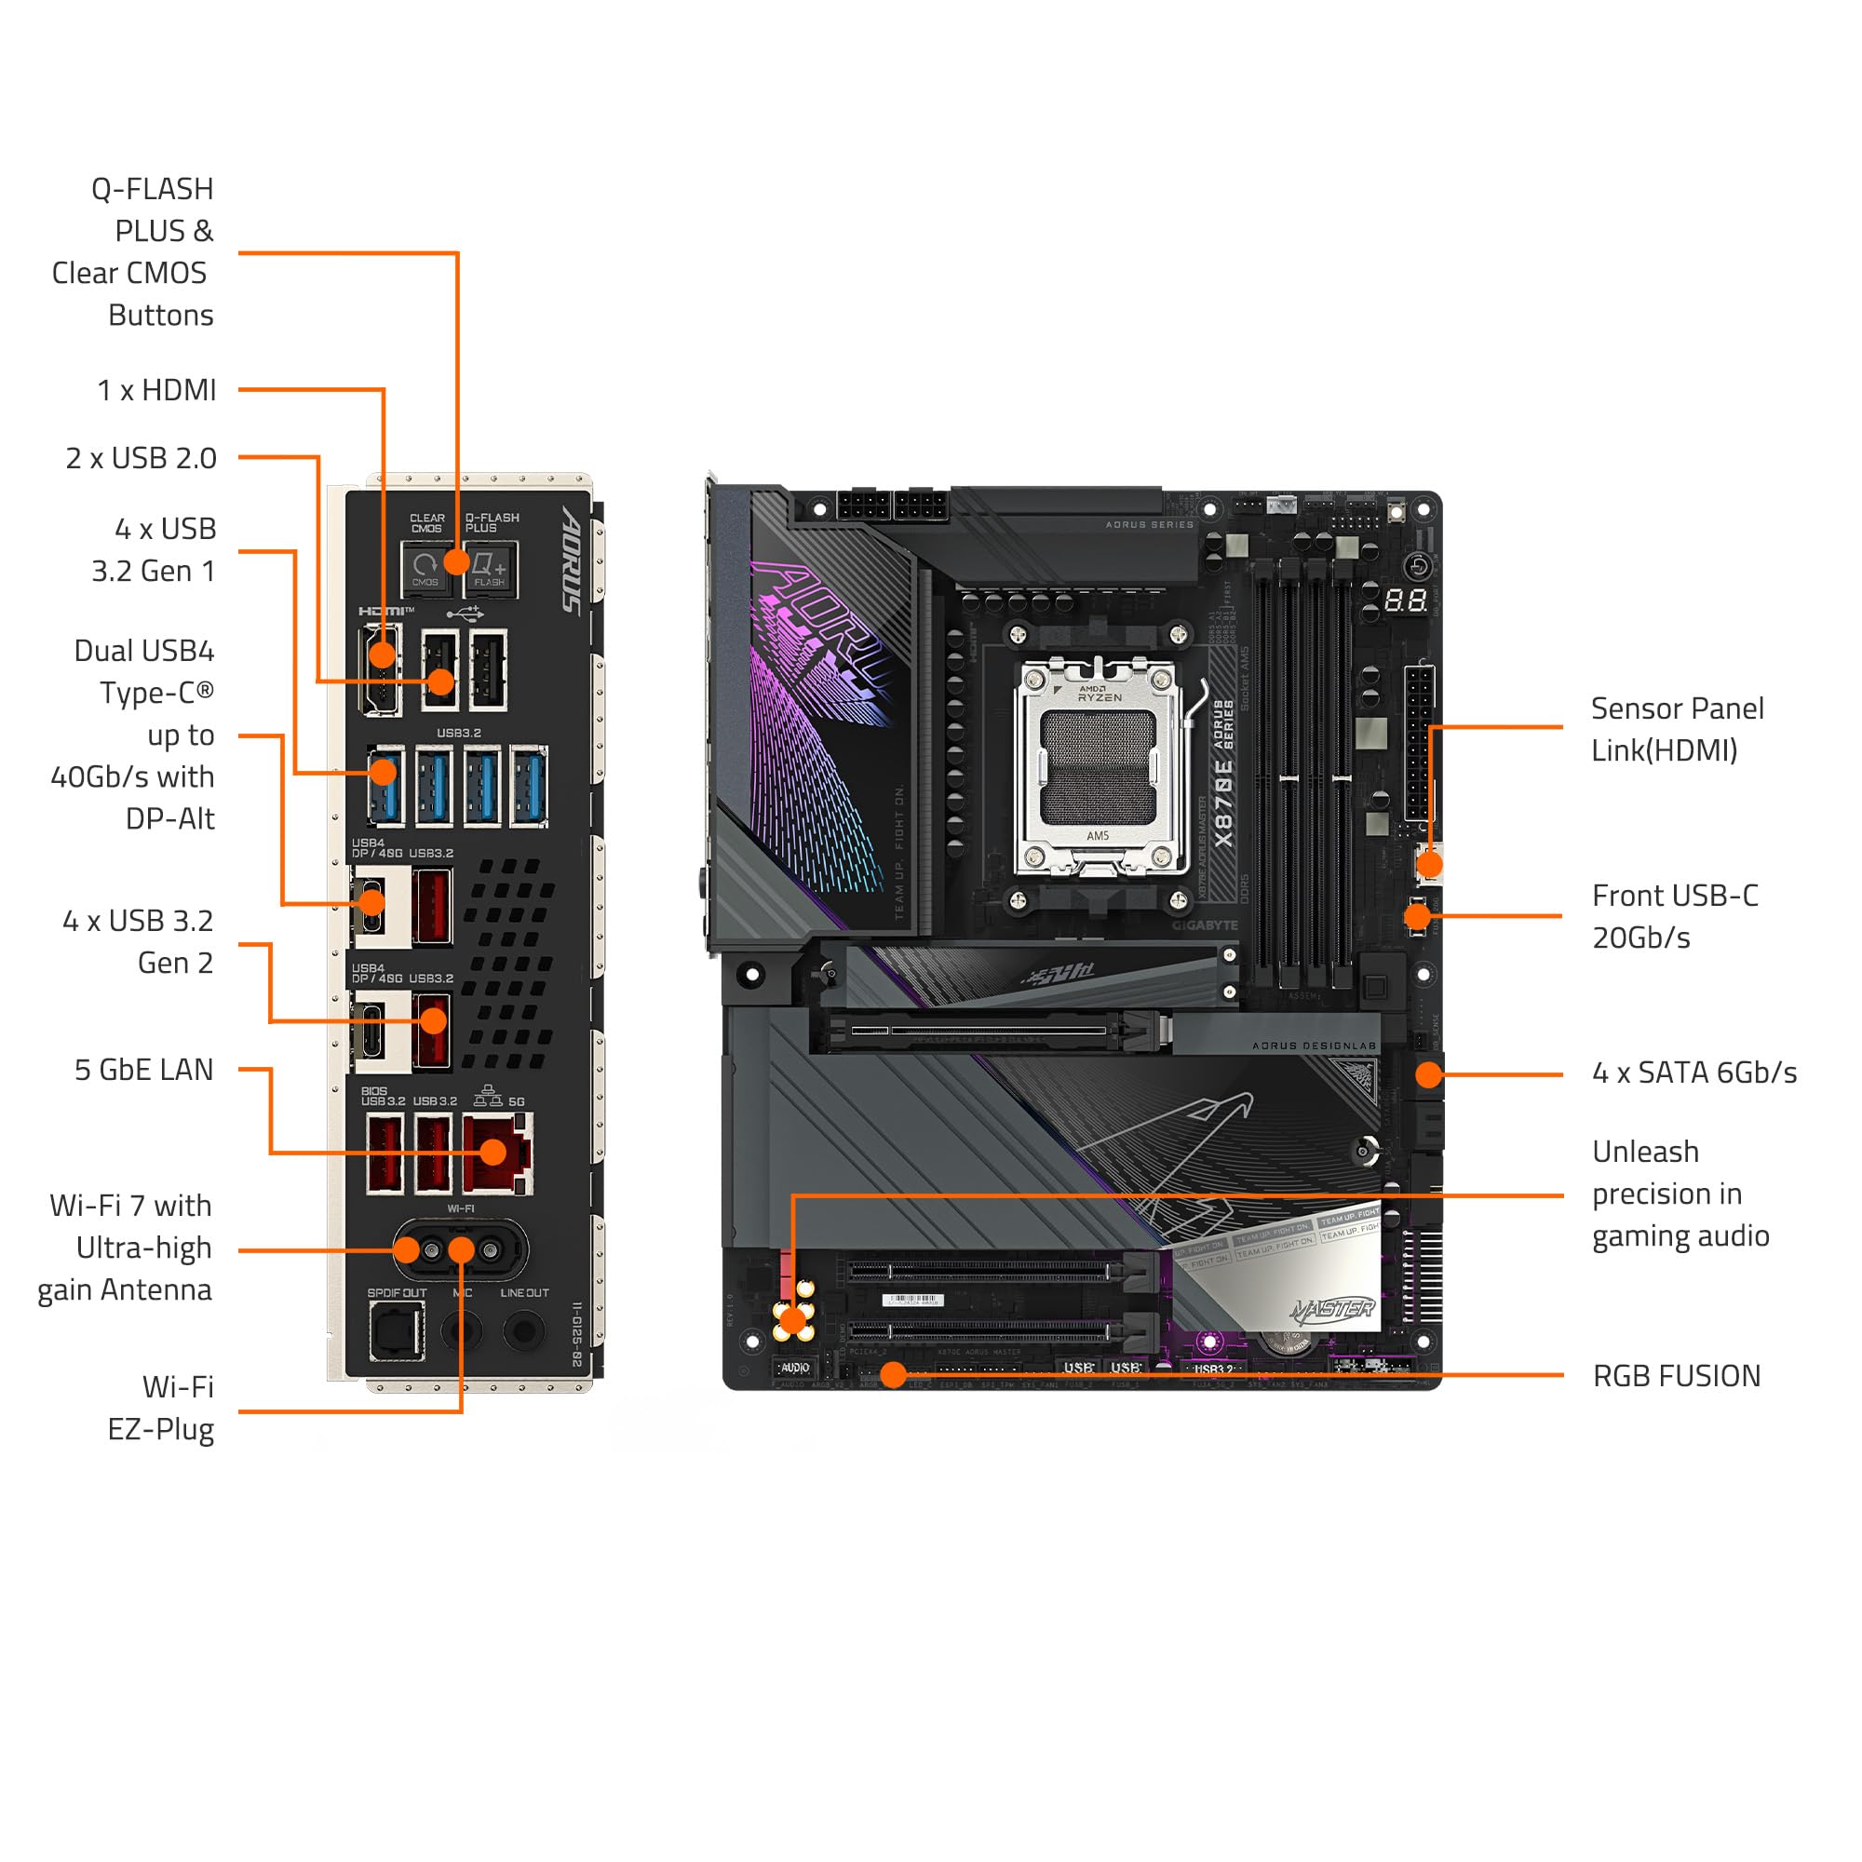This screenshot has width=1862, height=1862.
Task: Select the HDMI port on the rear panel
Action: pos(382,669)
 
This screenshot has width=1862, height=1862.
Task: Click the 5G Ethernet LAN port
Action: pos(497,1153)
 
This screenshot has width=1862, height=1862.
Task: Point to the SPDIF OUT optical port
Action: pos(396,1331)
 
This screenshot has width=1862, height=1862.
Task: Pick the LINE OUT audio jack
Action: pos(523,1331)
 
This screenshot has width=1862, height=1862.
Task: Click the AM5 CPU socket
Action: pos(1099,767)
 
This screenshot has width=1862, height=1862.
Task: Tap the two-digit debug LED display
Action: pos(1405,601)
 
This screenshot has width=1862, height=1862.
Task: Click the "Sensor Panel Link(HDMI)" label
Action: pos(1677,730)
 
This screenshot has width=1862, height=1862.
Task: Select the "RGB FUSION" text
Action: pos(1676,1376)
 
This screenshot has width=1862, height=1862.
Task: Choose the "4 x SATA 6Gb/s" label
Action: pos(1694,1073)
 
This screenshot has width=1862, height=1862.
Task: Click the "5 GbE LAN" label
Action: pos(143,1070)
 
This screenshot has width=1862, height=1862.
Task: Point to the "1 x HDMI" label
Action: pos(156,390)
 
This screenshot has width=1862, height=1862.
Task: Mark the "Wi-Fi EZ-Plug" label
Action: pos(161,1408)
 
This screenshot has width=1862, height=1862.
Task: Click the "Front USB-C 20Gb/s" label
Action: pos(1675,916)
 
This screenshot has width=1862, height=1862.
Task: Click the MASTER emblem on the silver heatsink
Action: pos(1333,1309)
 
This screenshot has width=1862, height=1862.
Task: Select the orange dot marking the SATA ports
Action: pos(1428,1073)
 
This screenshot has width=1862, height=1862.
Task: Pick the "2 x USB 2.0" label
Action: pos(141,458)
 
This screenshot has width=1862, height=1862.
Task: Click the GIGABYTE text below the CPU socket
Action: pos(1205,925)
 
